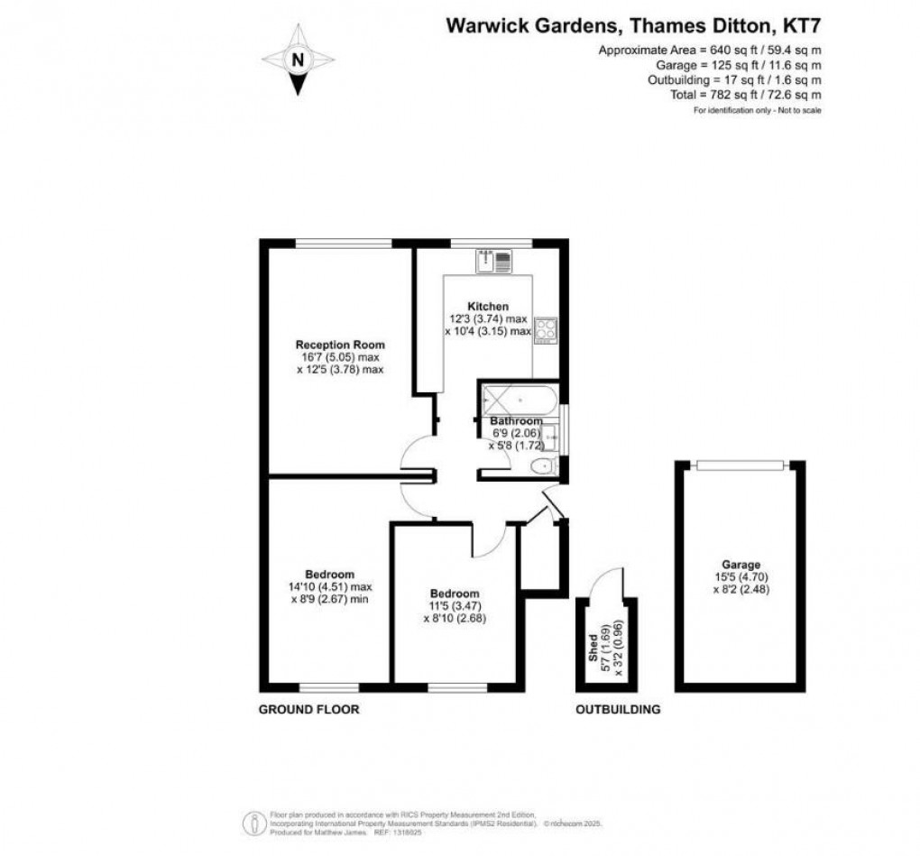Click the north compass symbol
pyautogui.click(x=297, y=60)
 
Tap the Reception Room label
pyautogui.click(x=341, y=345)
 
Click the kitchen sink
pyautogui.click(x=494, y=261)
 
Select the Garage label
pyautogui.click(x=740, y=565)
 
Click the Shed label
pyautogui.click(x=593, y=647)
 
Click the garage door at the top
pyautogui.click(x=741, y=465)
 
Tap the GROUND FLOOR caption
pyautogui.click(x=309, y=710)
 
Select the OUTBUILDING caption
pyautogui.click(x=618, y=710)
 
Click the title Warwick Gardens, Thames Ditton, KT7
pyautogui.click(x=635, y=26)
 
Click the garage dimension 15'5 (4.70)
pyautogui.click(x=740, y=577)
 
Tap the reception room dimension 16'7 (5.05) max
pyautogui.click(x=341, y=357)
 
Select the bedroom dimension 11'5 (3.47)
pyautogui.click(x=455, y=606)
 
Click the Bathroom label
pyautogui.click(x=517, y=421)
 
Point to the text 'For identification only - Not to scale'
pyautogui.click(x=757, y=110)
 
